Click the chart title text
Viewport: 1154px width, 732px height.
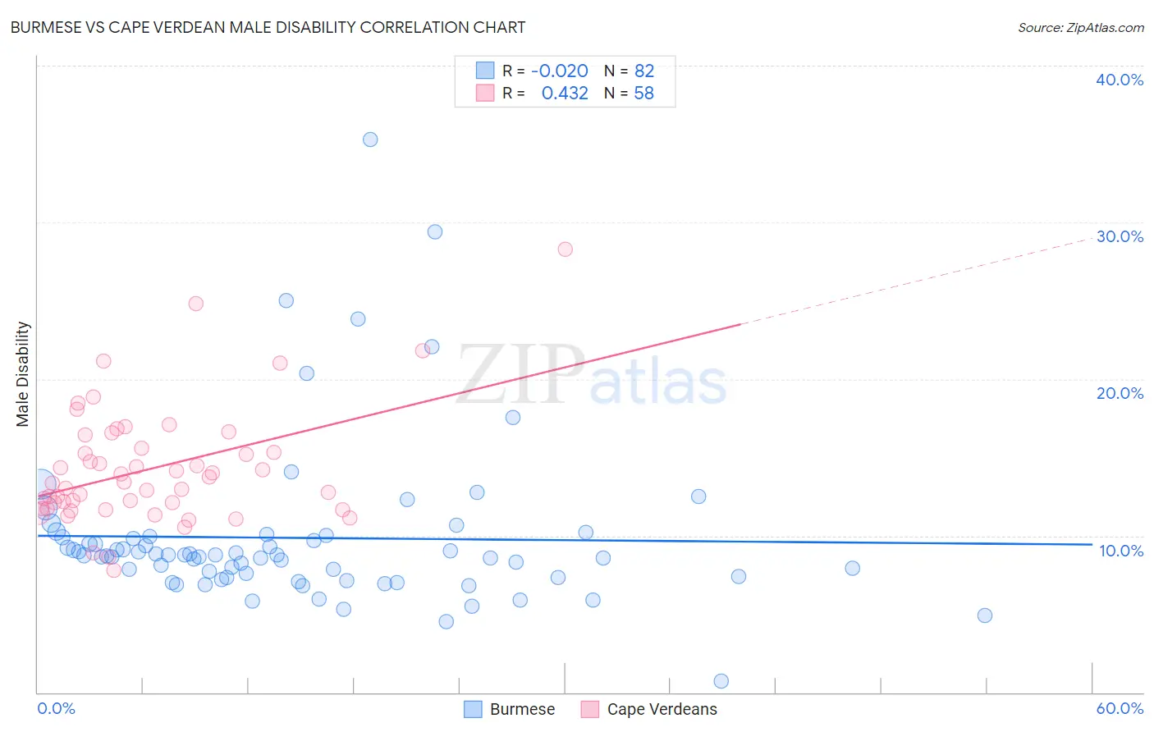(x=268, y=27)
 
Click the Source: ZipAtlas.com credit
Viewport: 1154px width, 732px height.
(x=1080, y=28)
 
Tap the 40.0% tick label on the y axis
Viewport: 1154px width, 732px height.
(x=1119, y=80)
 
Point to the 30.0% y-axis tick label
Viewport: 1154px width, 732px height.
(x=1119, y=236)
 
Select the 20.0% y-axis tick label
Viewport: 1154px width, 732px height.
(x=1119, y=393)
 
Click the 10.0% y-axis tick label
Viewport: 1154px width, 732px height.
(x=1120, y=551)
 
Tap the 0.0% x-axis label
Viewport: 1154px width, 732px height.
(x=56, y=708)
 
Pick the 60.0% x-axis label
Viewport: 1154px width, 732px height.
(x=1120, y=708)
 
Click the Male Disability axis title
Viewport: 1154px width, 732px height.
(x=23, y=373)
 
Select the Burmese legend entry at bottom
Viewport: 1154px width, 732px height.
(x=510, y=709)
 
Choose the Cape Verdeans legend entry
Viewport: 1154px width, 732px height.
(x=648, y=709)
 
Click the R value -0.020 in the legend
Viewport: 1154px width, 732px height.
(x=560, y=71)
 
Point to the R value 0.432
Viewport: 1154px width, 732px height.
(x=565, y=94)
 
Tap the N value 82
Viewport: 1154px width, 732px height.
(x=644, y=71)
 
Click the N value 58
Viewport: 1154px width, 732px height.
(x=644, y=94)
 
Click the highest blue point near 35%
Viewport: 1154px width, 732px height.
(x=370, y=140)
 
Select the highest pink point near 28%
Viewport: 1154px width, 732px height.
(x=565, y=249)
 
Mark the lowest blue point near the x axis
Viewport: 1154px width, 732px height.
(x=721, y=681)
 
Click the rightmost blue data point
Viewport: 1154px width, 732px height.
(x=985, y=615)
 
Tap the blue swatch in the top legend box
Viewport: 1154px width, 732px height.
(x=485, y=71)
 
